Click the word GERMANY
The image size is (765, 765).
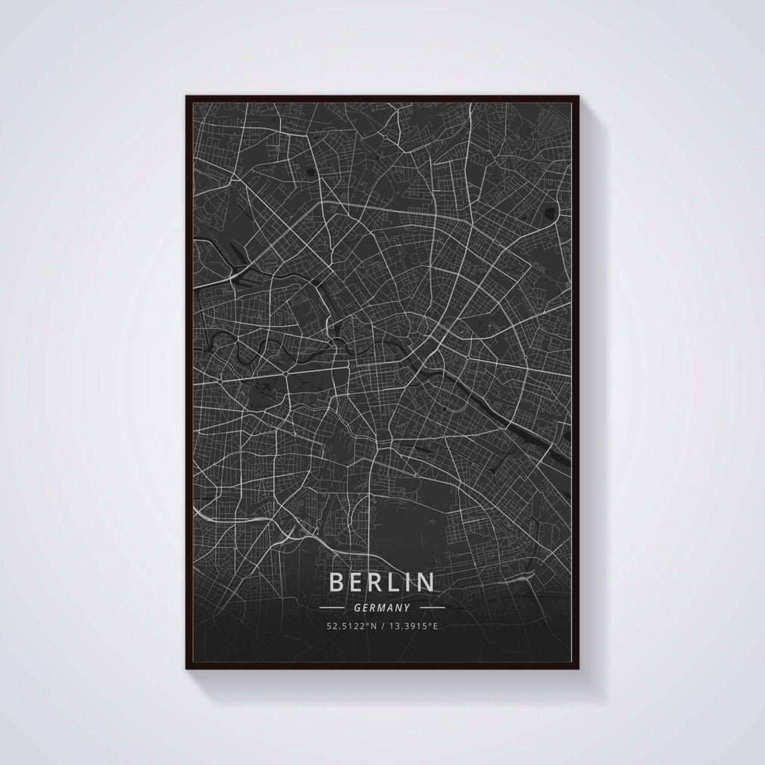tap(382, 608)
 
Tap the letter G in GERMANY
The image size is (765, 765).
tap(359, 608)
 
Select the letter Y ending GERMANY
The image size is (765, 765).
tap(406, 608)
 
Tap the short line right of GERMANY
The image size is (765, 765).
tap(430, 608)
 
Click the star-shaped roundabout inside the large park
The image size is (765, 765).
tap(285, 373)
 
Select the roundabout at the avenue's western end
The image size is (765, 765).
tap(220, 381)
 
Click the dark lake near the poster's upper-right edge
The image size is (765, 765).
tap(552, 211)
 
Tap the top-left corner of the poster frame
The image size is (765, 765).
tap(186, 96)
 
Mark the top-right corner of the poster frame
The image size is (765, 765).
tap(580, 96)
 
